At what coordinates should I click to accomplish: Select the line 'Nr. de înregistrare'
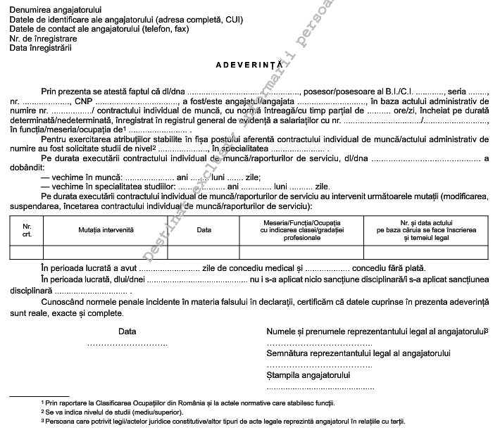point(45,39)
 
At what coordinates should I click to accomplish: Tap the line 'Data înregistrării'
point(42,49)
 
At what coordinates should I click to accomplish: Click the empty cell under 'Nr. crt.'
point(27,253)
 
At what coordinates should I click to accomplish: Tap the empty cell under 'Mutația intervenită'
point(106,253)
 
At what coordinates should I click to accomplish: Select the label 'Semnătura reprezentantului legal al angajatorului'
point(358,353)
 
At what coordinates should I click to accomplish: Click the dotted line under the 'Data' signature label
point(127,344)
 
